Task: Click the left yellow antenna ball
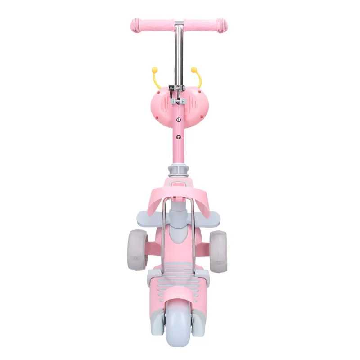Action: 155,70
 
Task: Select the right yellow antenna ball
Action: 195,70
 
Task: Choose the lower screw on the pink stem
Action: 179,137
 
